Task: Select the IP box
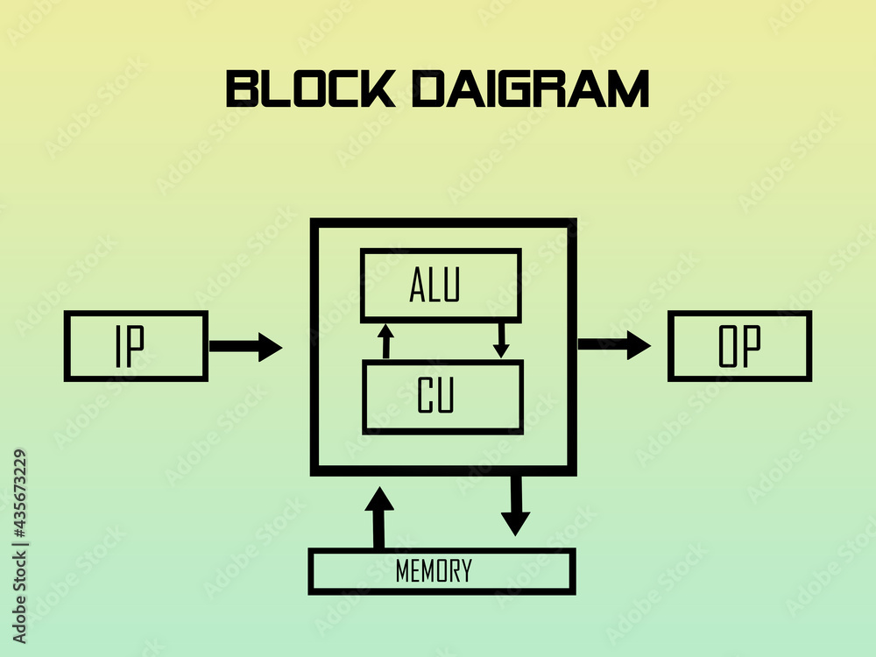[x=136, y=346]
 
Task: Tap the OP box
[x=739, y=346]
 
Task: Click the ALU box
[x=441, y=286]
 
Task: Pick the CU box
[x=442, y=397]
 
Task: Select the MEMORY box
[x=442, y=571]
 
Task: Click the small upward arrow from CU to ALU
[x=385, y=341]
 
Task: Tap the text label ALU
[x=434, y=286]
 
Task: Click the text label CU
[x=435, y=397]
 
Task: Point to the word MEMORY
[x=434, y=571]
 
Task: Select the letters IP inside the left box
[x=130, y=347]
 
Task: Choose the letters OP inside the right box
[x=739, y=347]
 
